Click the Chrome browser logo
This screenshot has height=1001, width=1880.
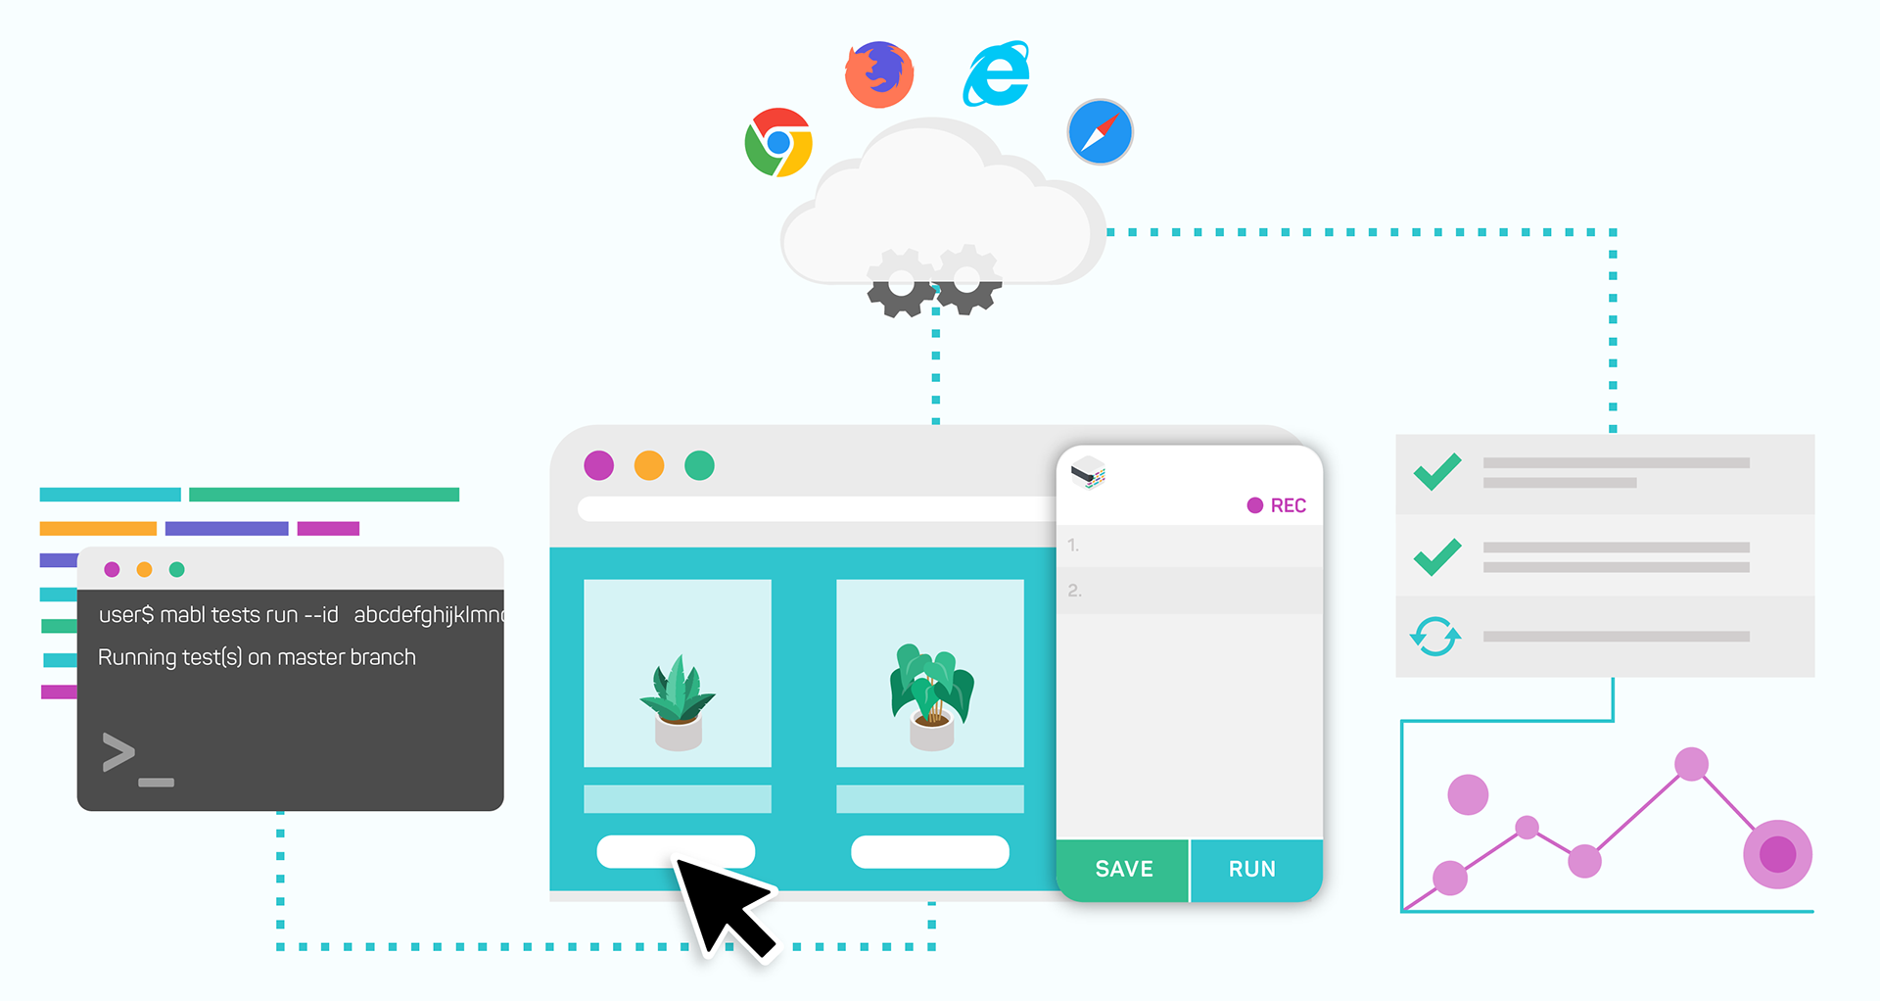(x=778, y=142)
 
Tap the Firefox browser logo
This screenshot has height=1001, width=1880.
(x=879, y=74)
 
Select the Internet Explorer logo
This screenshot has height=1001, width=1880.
(x=997, y=74)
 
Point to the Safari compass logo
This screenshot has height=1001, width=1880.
(x=1100, y=131)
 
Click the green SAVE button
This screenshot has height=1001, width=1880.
(x=1123, y=869)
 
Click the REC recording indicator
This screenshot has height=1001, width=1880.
(x=1277, y=505)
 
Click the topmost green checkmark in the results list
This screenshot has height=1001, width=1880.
(x=1437, y=471)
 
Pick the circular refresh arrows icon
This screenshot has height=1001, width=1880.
(x=1435, y=637)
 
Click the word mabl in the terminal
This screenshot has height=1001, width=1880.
(x=182, y=615)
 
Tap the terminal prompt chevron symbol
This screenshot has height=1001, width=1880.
(x=118, y=752)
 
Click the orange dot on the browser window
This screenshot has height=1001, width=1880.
(x=649, y=465)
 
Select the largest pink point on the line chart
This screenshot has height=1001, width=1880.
(x=1777, y=854)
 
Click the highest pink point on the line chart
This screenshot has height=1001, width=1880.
(x=1691, y=764)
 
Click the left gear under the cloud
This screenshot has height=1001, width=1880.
(x=900, y=283)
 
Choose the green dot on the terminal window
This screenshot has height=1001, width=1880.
(x=177, y=569)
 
